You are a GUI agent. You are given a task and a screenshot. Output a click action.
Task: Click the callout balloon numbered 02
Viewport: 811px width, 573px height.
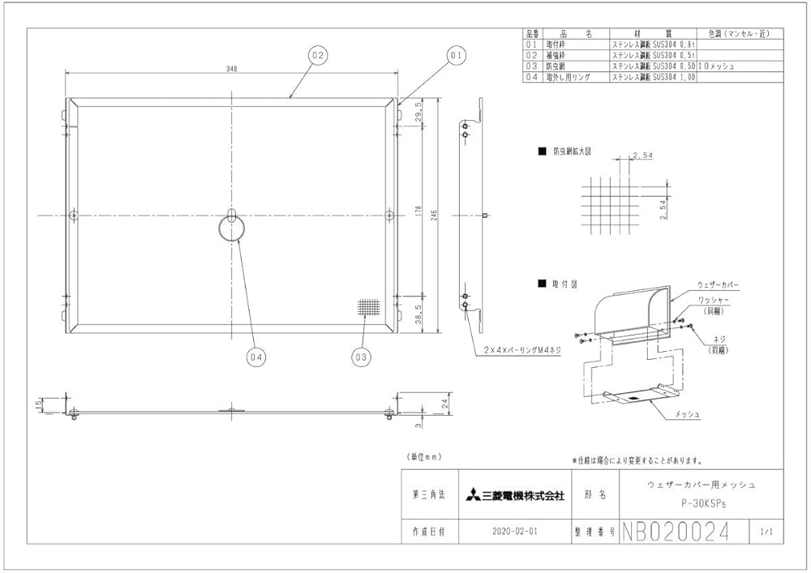pos(317,55)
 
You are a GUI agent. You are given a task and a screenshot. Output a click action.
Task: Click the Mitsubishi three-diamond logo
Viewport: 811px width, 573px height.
pos(472,495)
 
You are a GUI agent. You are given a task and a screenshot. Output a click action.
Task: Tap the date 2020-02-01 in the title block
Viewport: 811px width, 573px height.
pos(514,532)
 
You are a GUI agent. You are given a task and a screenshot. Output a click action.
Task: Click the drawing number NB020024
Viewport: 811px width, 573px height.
pos(675,532)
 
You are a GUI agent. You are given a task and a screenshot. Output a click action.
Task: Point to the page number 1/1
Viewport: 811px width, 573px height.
pos(766,532)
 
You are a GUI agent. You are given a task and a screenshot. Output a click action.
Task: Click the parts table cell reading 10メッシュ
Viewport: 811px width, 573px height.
pos(717,66)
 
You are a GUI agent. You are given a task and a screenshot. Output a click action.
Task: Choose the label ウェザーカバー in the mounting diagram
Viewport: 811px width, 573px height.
pos(718,286)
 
